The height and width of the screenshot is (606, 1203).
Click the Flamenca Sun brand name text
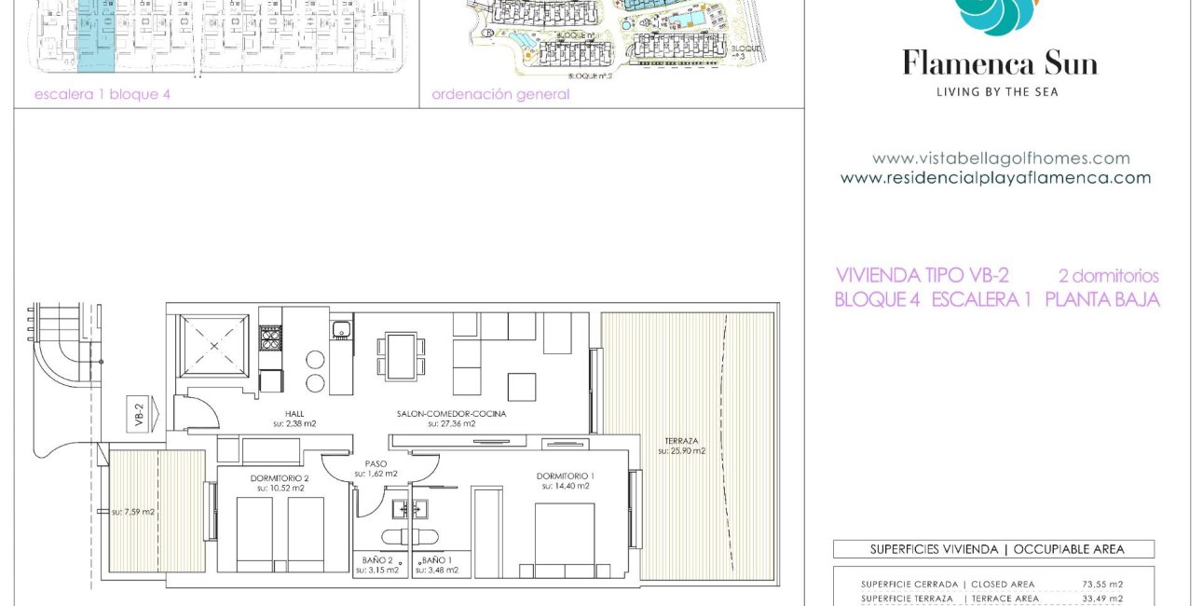pos(999,64)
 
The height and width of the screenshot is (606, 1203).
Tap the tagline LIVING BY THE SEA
pos(997,91)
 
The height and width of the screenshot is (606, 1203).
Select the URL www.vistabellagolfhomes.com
pos(1001,158)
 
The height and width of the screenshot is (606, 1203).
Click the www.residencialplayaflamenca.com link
pos(995,178)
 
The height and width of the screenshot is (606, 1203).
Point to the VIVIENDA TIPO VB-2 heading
pos(923,276)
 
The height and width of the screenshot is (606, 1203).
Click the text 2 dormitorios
pos(1108,276)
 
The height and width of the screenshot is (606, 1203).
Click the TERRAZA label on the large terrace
pos(681,441)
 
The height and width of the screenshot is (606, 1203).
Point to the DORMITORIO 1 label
pos(565,476)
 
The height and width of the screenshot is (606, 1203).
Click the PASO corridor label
pos(376,463)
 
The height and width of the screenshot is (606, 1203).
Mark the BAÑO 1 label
pos(438,560)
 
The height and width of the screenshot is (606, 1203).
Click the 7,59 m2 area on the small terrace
pos(133,512)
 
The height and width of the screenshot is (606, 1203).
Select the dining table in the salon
pos(401,356)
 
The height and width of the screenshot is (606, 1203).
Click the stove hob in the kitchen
pos(270,337)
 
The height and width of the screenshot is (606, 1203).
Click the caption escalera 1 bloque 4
pos(103,94)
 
